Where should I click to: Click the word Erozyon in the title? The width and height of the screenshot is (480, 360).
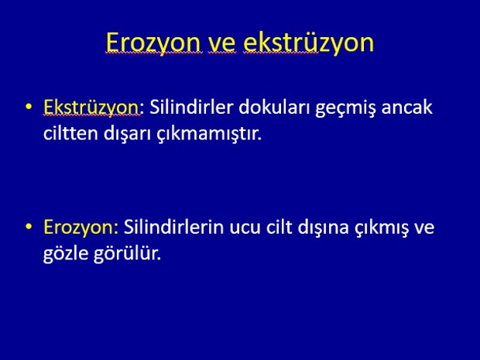[x=153, y=43]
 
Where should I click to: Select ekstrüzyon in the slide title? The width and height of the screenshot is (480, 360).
[x=309, y=43]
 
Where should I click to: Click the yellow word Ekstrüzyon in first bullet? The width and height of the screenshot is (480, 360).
[x=91, y=108]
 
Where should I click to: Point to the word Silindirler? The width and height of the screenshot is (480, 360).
[x=191, y=107]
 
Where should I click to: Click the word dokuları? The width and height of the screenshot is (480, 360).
[x=274, y=107]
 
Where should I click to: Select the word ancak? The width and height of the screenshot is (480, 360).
[x=406, y=107]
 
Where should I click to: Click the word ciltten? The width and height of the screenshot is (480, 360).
[x=70, y=133]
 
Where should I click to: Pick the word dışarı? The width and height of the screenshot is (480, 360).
[x=127, y=135]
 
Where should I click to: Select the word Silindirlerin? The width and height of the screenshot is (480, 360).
[x=173, y=227]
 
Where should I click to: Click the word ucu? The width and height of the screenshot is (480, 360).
[x=245, y=228]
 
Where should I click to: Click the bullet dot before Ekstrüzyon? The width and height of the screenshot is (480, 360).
[x=29, y=107]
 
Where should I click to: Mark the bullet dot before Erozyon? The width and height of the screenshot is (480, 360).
[x=29, y=227]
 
